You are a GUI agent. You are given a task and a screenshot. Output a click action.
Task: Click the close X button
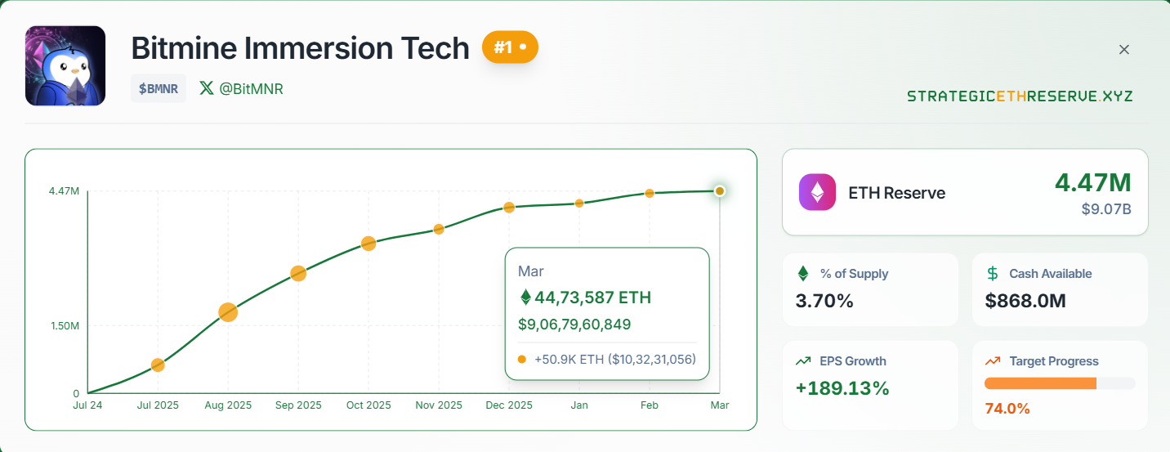coord(1124,50)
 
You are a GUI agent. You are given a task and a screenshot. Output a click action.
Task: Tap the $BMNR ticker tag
coord(159,89)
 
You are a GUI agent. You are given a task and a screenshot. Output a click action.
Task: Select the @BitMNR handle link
coord(242,89)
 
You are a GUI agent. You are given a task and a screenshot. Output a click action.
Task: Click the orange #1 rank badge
coord(510,47)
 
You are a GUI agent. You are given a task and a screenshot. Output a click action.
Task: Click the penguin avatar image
coord(65,66)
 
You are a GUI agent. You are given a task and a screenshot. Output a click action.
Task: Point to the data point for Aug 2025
coord(228,311)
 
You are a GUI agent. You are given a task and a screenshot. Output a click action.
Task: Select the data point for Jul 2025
coord(158,365)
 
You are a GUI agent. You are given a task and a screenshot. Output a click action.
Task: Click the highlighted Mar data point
coord(719,191)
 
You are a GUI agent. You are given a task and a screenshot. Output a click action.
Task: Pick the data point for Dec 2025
coord(509,207)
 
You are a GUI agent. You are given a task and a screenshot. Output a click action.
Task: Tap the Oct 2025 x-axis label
coord(368,405)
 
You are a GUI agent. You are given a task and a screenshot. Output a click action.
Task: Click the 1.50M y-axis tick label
coord(64,326)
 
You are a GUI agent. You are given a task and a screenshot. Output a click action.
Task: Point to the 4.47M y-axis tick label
coord(64,191)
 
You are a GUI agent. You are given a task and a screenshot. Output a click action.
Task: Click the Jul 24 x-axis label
coord(87,405)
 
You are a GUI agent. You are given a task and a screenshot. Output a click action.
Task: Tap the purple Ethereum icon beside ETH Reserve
coord(817,193)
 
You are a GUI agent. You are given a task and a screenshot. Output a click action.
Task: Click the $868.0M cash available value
coord(1025,301)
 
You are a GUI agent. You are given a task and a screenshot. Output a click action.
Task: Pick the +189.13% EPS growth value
coord(842,388)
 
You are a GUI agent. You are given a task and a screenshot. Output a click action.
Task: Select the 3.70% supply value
coord(824,301)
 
